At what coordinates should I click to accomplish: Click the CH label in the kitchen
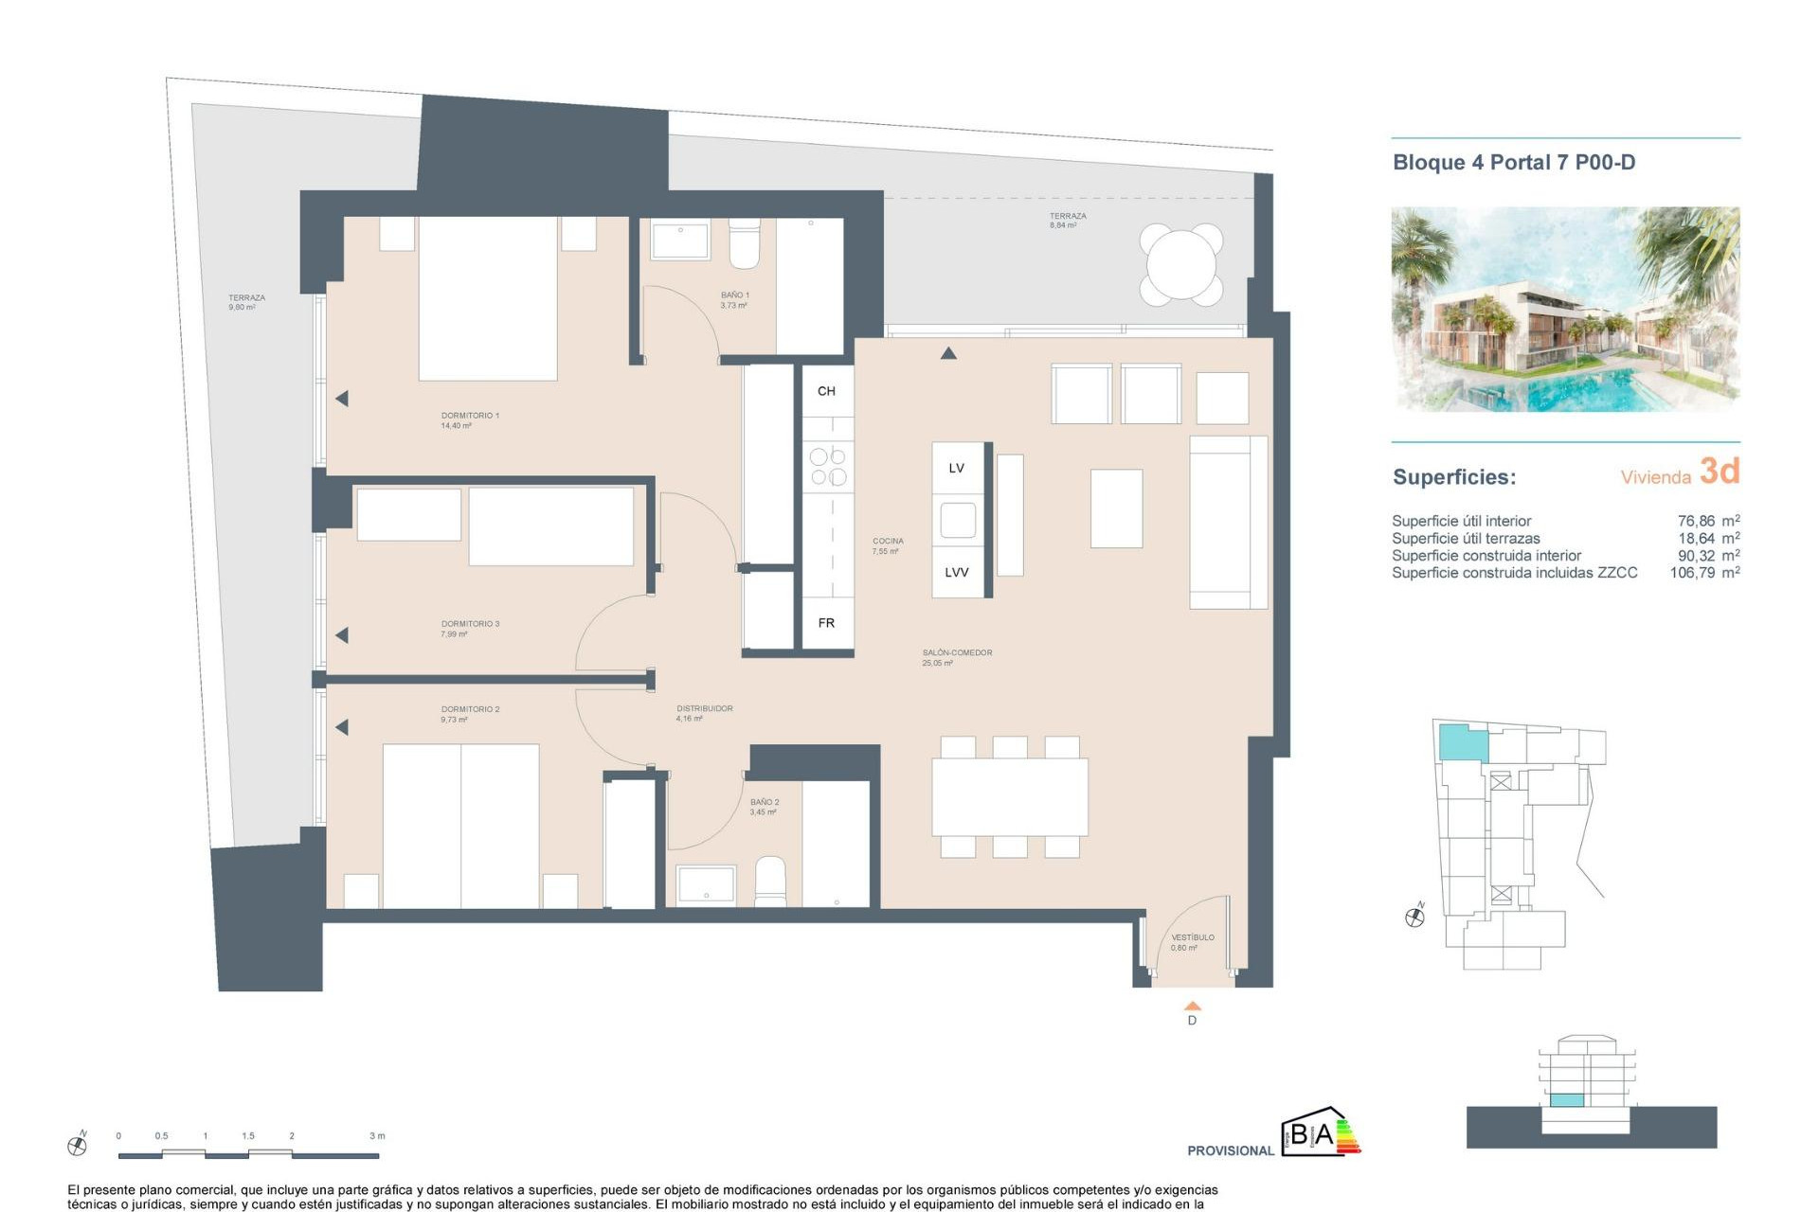826,391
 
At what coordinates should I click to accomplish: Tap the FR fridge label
826,623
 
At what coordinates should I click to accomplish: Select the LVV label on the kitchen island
956,572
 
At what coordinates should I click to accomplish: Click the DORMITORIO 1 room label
470,416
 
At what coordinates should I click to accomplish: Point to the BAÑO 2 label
765,802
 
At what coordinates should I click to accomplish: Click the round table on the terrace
1180,264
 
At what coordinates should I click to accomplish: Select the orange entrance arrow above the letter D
1193,1007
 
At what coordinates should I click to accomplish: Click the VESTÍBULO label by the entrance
1192,937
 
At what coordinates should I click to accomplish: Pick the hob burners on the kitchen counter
827,467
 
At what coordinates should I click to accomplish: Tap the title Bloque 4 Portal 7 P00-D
1513,162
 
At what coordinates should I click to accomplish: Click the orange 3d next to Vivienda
1719,471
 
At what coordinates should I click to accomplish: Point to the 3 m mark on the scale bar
377,1136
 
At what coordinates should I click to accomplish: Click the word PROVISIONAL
1230,1150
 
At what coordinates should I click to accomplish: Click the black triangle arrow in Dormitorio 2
342,727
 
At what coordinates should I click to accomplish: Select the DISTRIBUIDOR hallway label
704,708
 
